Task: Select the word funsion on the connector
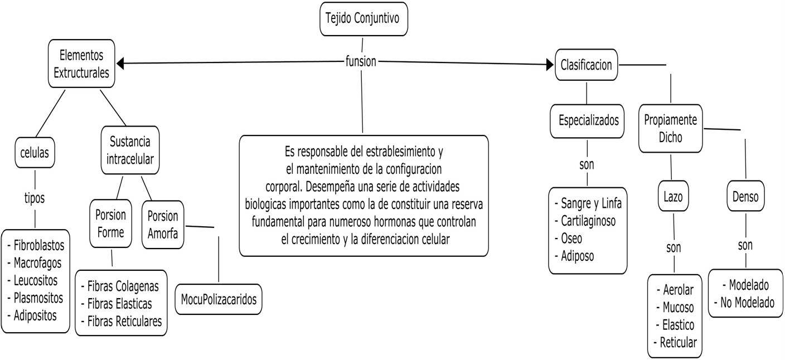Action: pyautogui.click(x=361, y=62)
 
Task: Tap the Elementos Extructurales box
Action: pyautogui.click(x=81, y=64)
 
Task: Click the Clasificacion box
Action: pyautogui.click(x=586, y=65)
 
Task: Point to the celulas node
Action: pyautogui.click(x=35, y=152)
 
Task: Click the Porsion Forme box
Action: pyautogui.click(x=110, y=223)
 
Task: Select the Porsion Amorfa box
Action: pyautogui.click(x=163, y=224)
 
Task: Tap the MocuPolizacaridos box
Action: pyautogui.click(x=219, y=299)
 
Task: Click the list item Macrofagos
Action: pyautogui.click(x=37, y=262)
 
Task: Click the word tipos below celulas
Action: pyautogui.click(x=35, y=198)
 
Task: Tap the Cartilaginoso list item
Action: pyautogui.click(x=588, y=221)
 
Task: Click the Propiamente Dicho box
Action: pyautogui.click(x=670, y=128)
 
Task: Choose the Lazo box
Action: pyautogui.click(x=673, y=196)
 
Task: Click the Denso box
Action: pyautogui.click(x=745, y=196)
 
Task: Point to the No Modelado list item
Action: pyautogui.click(x=745, y=303)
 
